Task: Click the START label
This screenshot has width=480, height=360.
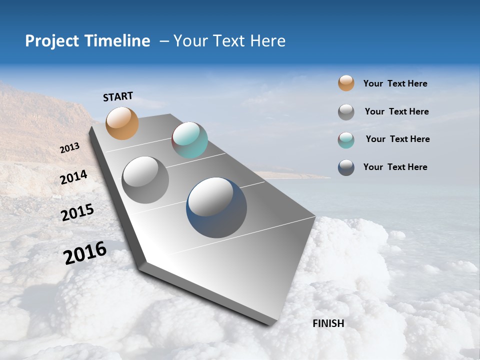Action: pyautogui.click(x=118, y=96)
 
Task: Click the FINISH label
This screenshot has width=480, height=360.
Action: pyautogui.click(x=328, y=323)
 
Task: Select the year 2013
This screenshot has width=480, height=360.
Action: pyautogui.click(x=69, y=148)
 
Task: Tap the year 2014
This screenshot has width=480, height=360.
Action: pyautogui.click(x=74, y=177)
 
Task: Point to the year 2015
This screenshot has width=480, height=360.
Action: pyautogui.click(x=77, y=212)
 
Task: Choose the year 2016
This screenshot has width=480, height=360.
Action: pyautogui.click(x=85, y=253)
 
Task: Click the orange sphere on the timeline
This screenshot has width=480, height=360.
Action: pyautogui.click(x=122, y=123)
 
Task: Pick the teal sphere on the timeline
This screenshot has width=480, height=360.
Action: pyautogui.click(x=189, y=140)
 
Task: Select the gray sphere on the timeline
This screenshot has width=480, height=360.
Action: pyautogui.click(x=145, y=180)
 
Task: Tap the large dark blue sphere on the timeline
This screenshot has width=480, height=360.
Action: pyautogui.click(x=216, y=207)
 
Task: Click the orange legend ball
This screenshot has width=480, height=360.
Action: pyautogui.click(x=346, y=83)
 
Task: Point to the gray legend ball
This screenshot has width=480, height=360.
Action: pyautogui.click(x=346, y=112)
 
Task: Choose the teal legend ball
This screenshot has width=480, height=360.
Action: pyautogui.click(x=346, y=140)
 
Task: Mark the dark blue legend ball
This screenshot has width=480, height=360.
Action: pyautogui.click(x=346, y=167)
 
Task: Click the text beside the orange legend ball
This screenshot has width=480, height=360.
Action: pyautogui.click(x=395, y=83)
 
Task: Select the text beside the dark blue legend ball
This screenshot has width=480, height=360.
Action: pyautogui.click(x=395, y=167)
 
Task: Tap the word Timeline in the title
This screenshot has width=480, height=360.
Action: pyautogui.click(x=118, y=41)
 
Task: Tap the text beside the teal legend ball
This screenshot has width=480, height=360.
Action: pyautogui.click(x=397, y=139)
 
